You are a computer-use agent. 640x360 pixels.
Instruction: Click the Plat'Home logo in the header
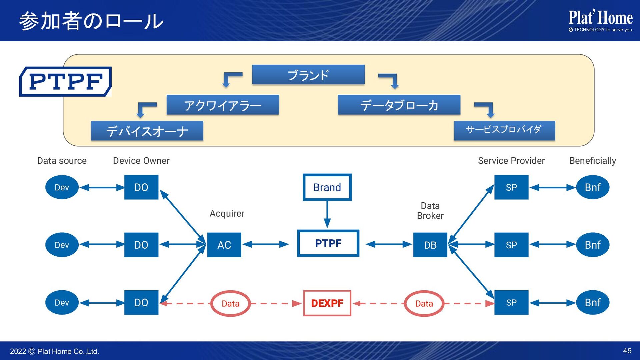click(601, 21)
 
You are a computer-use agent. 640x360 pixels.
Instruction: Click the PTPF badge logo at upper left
click(66, 82)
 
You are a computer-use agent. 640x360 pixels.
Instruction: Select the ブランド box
click(308, 75)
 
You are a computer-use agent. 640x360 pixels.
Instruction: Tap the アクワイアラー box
click(223, 105)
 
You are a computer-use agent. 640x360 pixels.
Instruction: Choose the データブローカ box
click(399, 105)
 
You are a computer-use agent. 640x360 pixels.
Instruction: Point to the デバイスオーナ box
click(147, 131)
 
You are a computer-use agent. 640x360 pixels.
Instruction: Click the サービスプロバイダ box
click(504, 130)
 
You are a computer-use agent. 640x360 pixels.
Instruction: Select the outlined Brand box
click(327, 187)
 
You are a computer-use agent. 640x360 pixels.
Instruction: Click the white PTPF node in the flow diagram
click(328, 243)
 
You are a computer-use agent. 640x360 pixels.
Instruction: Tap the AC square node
click(224, 245)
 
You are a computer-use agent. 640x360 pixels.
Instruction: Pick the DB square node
click(430, 245)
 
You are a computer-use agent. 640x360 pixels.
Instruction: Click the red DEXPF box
click(327, 303)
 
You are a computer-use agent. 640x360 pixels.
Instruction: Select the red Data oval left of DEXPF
click(230, 303)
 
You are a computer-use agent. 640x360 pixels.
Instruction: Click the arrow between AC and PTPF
click(265, 244)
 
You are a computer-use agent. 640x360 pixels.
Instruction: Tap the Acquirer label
click(227, 213)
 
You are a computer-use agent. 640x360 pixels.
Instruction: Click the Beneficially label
click(592, 161)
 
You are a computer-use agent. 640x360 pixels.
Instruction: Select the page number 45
click(627, 351)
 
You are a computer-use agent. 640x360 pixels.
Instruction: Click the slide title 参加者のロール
click(91, 21)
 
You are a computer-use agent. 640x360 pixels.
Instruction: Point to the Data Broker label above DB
click(430, 211)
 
